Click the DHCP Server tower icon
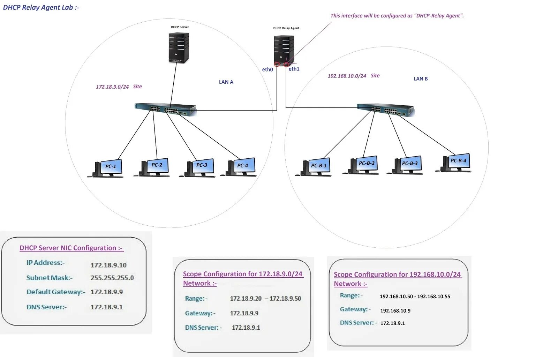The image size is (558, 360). tap(179, 47)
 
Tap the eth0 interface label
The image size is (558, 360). tap(267, 69)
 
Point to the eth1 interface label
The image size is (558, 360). tap(294, 69)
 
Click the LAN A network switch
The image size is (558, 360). tap(166, 109)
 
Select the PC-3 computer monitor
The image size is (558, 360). tap(202, 166)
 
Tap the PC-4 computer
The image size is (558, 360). tap(241, 167)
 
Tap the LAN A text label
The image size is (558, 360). tap(226, 82)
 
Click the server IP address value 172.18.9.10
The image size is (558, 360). tap(108, 265)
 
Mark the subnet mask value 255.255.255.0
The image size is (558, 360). tap(112, 278)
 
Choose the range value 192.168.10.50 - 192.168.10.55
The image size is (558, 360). tap(415, 297)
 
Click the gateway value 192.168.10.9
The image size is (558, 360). tap(395, 310)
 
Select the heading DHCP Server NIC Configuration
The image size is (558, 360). tap(71, 248)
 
